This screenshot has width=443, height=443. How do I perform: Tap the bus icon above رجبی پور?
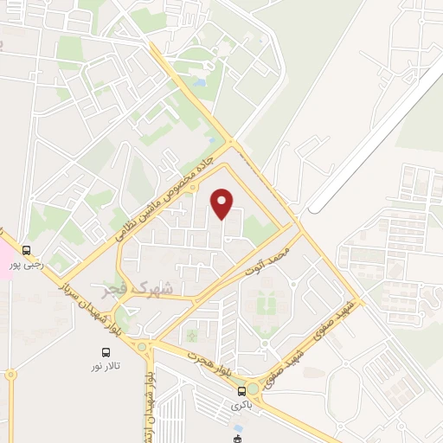pos(27,250)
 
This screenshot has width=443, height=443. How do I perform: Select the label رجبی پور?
pos(25,265)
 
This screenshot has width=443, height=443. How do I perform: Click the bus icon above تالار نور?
pos(106,352)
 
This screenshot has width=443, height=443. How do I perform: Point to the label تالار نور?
pos(106,368)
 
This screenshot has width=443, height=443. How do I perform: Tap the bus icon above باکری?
pos(241,390)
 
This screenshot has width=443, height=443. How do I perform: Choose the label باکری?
pos(241,404)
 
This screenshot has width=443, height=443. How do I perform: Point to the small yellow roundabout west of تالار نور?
pos(11,374)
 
